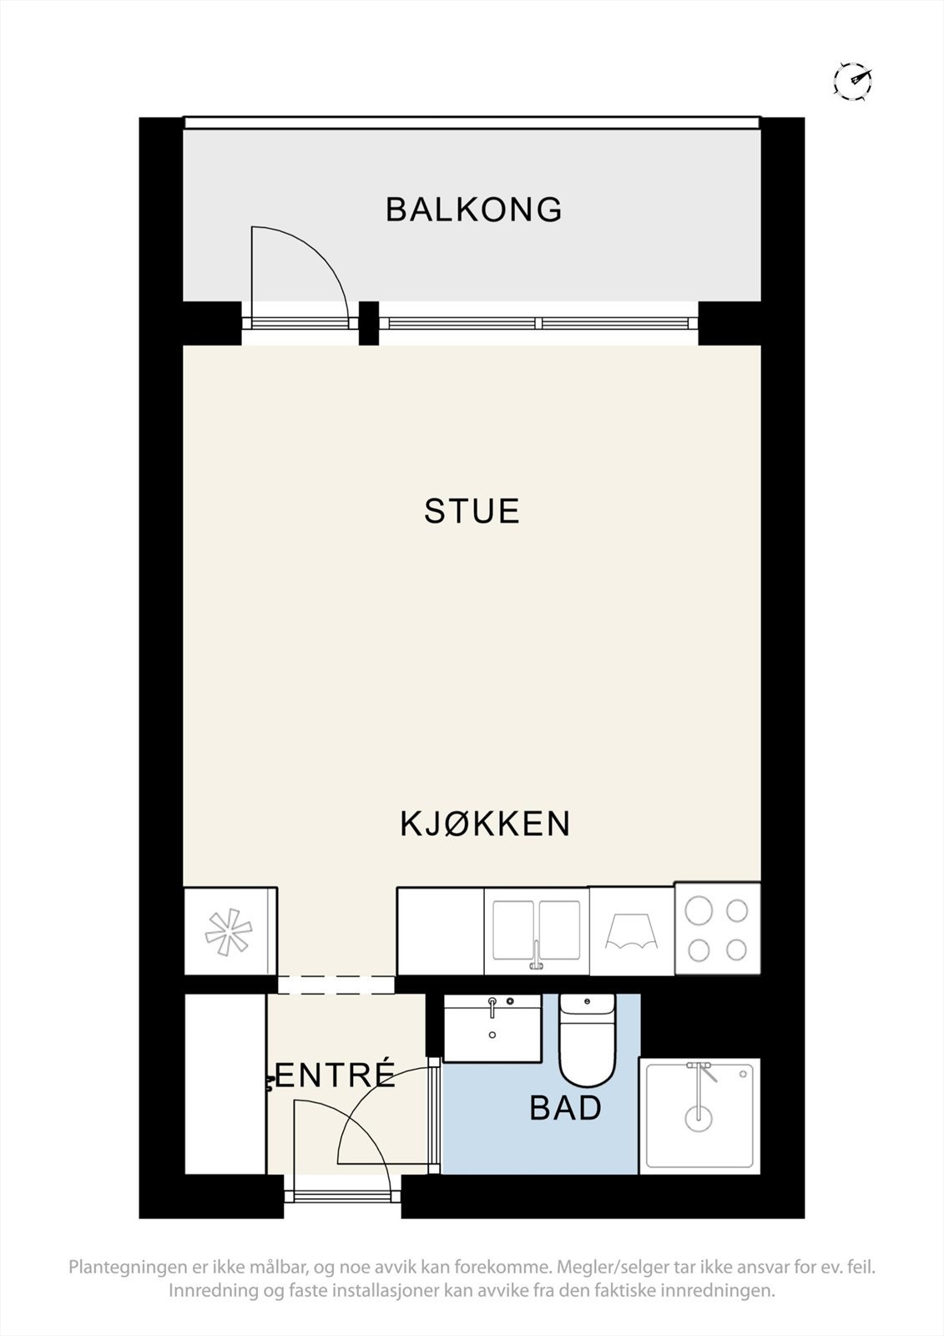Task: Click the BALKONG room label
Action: click(x=473, y=210)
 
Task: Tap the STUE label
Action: click(x=472, y=511)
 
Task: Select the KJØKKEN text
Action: click(x=484, y=824)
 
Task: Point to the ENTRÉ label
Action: click(x=334, y=1075)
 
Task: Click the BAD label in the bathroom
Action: click(x=565, y=1108)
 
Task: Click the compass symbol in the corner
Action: click(x=853, y=81)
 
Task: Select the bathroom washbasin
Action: click(x=492, y=1027)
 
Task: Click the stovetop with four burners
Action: click(x=717, y=929)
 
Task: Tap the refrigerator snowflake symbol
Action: click(x=228, y=933)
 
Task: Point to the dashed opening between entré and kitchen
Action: click(x=336, y=984)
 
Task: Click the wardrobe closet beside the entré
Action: click(x=225, y=1084)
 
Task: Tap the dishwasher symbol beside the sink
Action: click(x=631, y=931)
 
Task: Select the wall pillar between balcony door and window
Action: click(x=368, y=322)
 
